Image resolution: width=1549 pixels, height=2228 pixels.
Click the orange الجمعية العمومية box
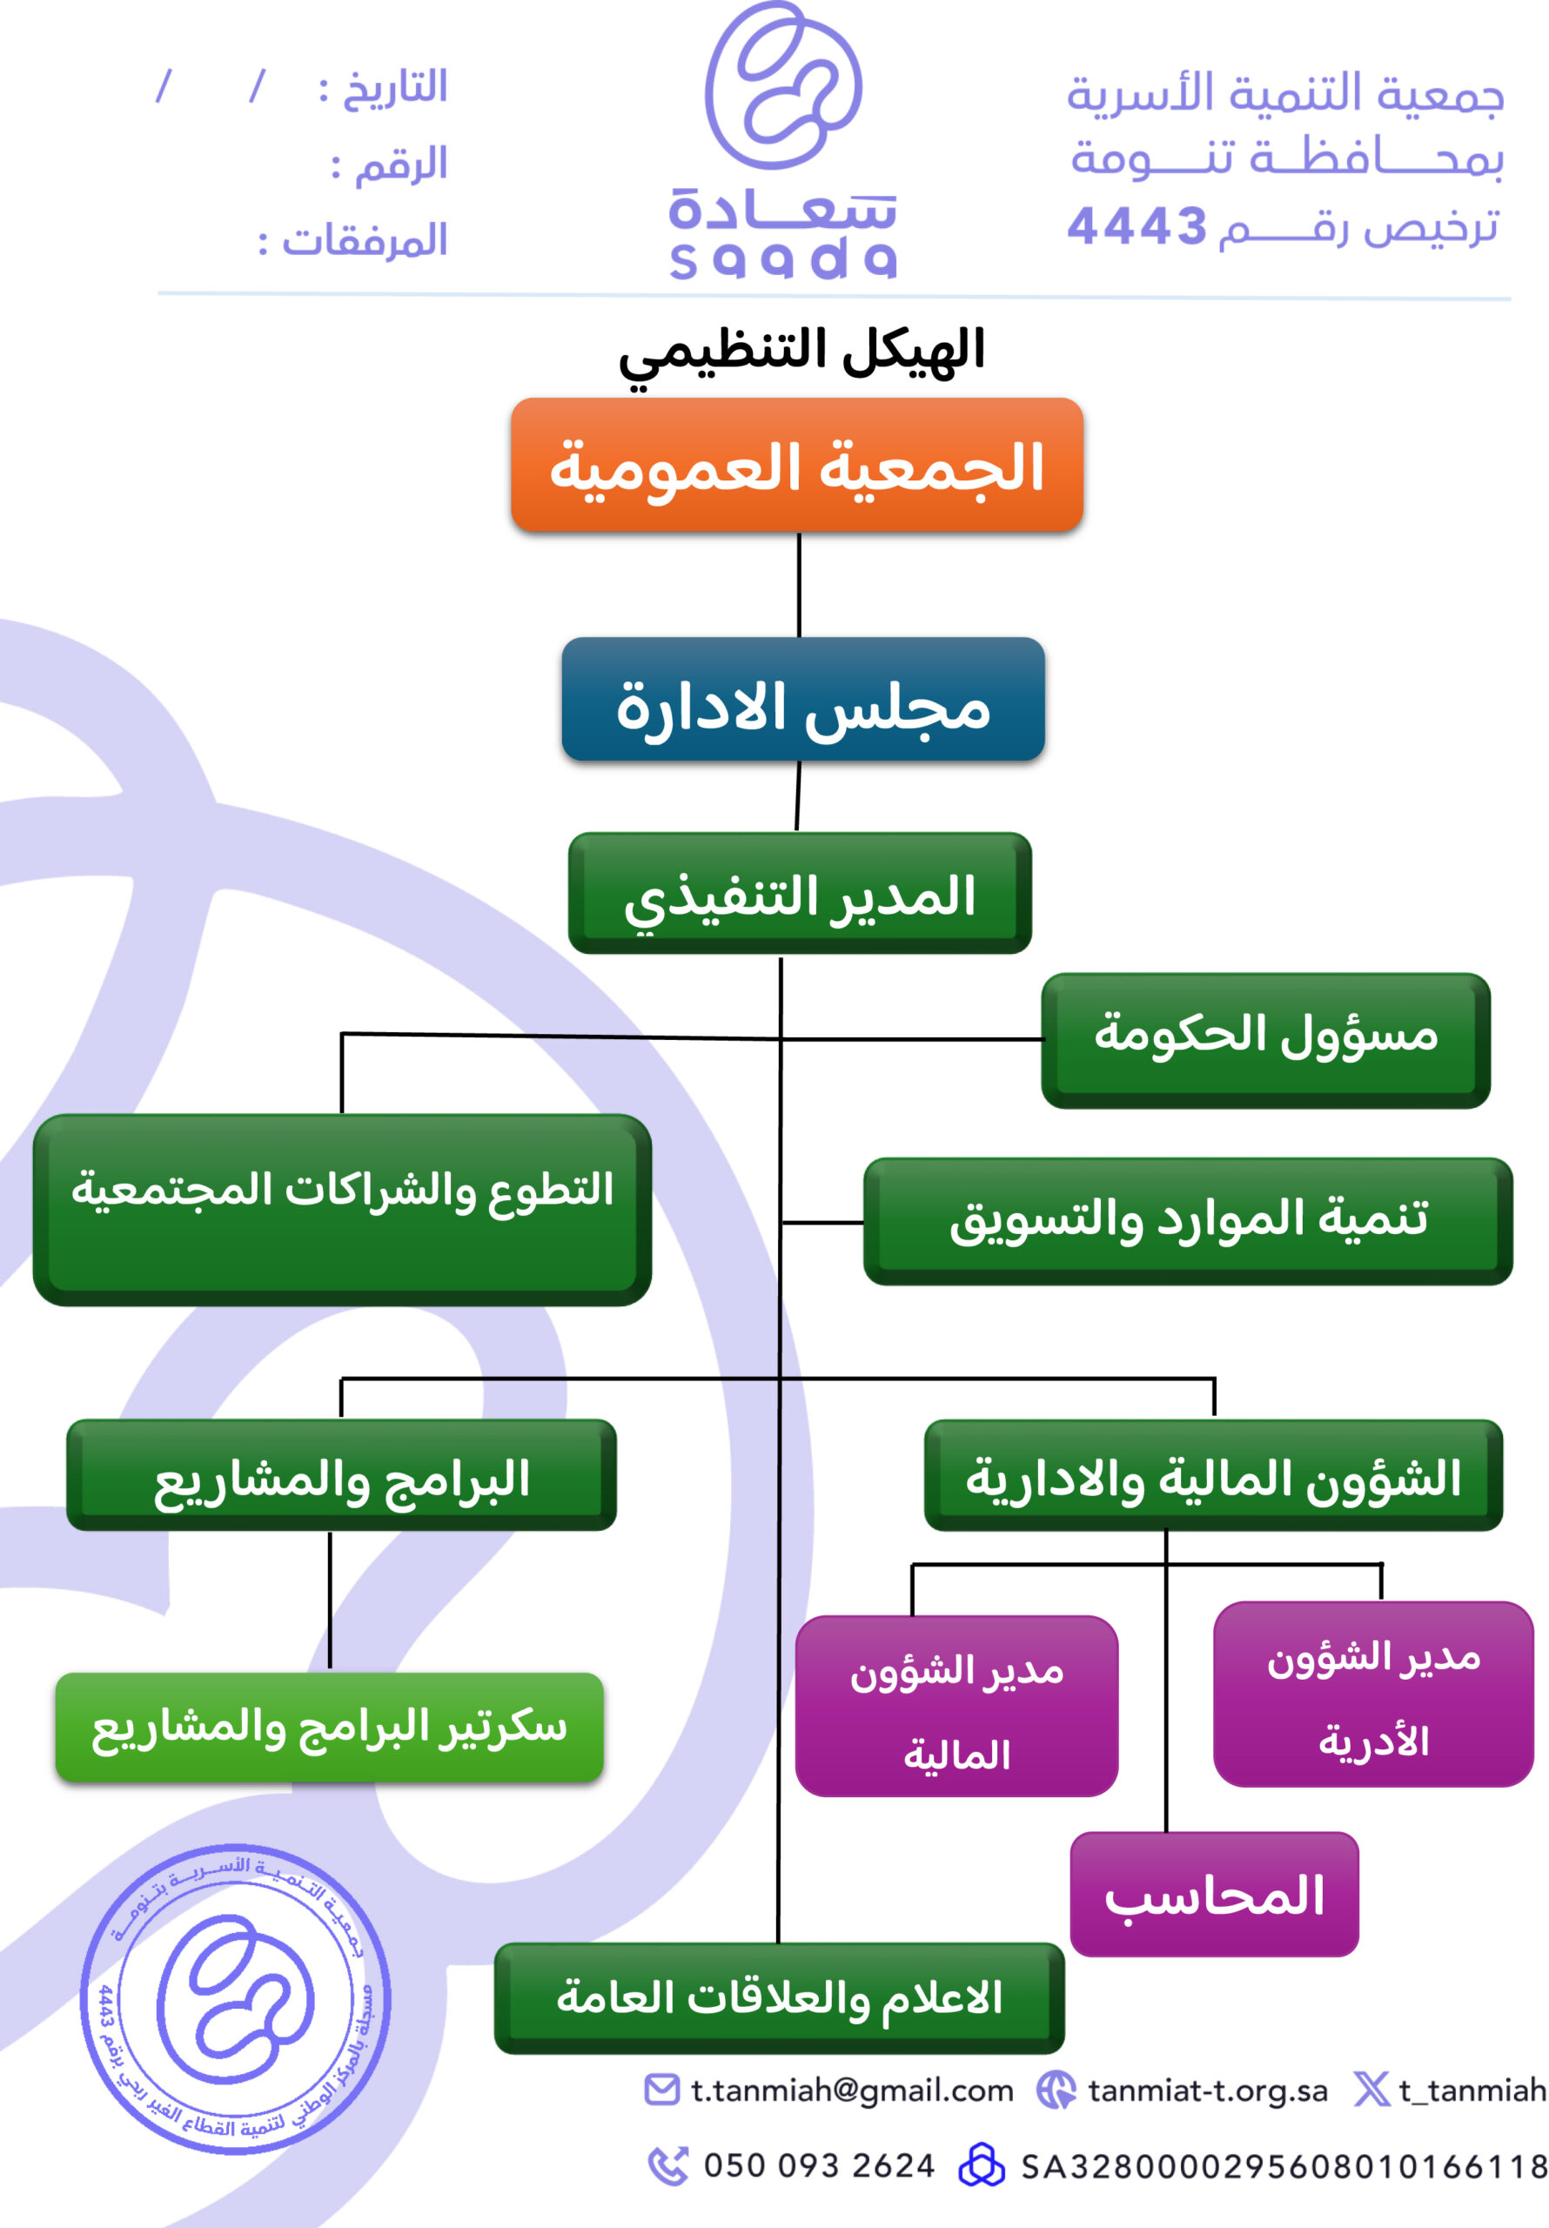pyautogui.click(x=797, y=465)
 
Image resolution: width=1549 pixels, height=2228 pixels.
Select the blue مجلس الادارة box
pyautogui.click(x=802, y=700)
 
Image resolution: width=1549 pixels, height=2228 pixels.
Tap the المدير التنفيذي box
pyautogui.click(x=800, y=893)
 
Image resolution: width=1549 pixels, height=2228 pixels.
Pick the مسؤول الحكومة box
pyautogui.click(x=1264, y=1039)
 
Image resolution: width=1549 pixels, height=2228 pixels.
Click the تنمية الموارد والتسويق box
pyautogui.click(x=1188, y=1221)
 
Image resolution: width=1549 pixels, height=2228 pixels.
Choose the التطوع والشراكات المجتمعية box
pyautogui.click(x=342, y=1209)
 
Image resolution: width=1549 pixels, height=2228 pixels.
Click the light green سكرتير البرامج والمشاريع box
pyautogui.click(x=329, y=1727)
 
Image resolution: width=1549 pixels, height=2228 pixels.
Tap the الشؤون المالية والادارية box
pyautogui.click(x=1212, y=1475)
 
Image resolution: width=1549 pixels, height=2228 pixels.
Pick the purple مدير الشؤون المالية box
pyautogui.click(x=956, y=1705)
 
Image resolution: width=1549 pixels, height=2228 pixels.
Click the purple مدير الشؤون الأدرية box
pyautogui.click(x=1372, y=1694)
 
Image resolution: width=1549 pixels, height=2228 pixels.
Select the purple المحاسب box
pyautogui.click(x=1213, y=1893)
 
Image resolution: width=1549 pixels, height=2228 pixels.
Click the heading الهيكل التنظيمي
pyautogui.click(x=801, y=352)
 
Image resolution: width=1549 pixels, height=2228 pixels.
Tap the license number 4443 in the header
pyautogui.click(x=1137, y=227)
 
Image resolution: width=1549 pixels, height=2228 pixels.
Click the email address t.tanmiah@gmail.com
pyautogui.click(x=851, y=2090)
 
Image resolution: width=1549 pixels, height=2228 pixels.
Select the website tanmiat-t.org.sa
pyautogui.click(x=1206, y=2090)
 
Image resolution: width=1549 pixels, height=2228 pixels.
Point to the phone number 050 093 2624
pyautogui.click(x=818, y=2165)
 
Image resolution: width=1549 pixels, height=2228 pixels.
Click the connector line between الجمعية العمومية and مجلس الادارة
pyautogui.click(x=799, y=584)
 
